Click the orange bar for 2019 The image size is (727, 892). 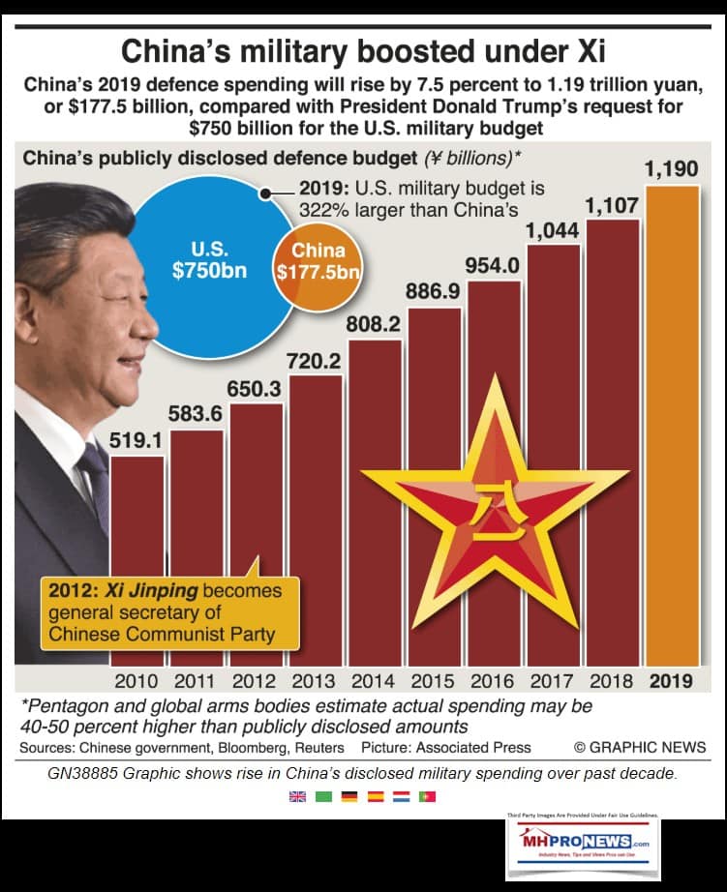[x=671, y=426]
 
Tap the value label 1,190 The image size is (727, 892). [x=671, y=170]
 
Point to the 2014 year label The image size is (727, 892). [x=373, y=681]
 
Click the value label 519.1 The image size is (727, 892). [x=137, y=441]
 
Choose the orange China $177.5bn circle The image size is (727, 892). [x=318, y=263]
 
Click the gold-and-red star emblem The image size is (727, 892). [x=494, y=503]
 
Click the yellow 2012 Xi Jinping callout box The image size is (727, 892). [x=170, y=612]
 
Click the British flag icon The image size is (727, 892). [x=297, y=796]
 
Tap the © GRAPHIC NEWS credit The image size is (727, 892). [x=640, y=748]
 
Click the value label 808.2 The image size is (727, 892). [x=374, y=326]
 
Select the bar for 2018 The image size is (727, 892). [x=613, y=435]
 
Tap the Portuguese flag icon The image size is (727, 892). [x=428, y=796]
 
